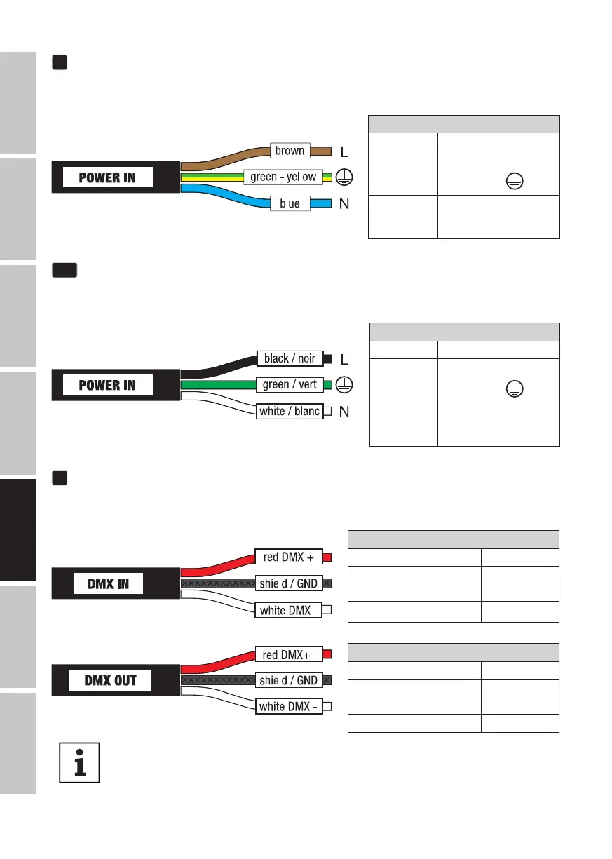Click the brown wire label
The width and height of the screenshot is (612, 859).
click(x=290, y=151)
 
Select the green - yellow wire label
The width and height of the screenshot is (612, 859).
click(x=283, y=177)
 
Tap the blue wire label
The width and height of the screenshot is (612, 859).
click(x=289, y=203)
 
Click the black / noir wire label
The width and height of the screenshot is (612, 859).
click(x=290, y=358)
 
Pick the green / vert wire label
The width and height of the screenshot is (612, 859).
click(x=290, y=384)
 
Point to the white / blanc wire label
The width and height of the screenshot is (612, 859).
click(x=289, y=411)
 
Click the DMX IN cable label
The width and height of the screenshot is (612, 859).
click(x=107, y=583)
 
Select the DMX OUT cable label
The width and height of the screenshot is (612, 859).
click(x=110, y=680)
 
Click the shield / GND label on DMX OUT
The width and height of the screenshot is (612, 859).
click(x=288, y=680)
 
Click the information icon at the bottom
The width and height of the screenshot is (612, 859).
click(x=80, y=762)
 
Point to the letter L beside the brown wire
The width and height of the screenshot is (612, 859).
click(x=344, y=151)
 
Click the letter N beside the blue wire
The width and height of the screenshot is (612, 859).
click(x=344, y=204)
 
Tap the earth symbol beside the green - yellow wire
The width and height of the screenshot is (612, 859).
click(x=343, y=177)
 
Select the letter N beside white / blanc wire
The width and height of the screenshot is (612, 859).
click(x=344, y=412)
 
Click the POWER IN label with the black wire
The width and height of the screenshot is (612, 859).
click(x=107, y=385)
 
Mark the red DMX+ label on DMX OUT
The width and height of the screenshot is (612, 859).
click(x=288, y=654)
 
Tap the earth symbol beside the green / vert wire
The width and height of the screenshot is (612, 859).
click(x=343, y=384)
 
